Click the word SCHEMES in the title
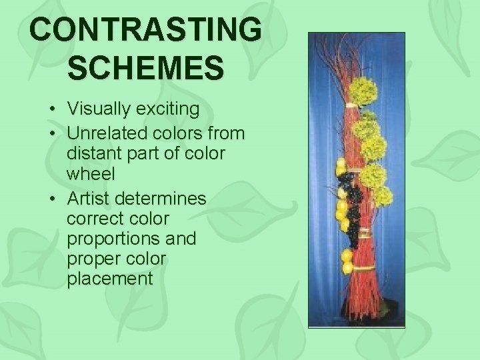(x=146, y=69)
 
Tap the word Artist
(x=89, y=199)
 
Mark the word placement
(x=110, y=278)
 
